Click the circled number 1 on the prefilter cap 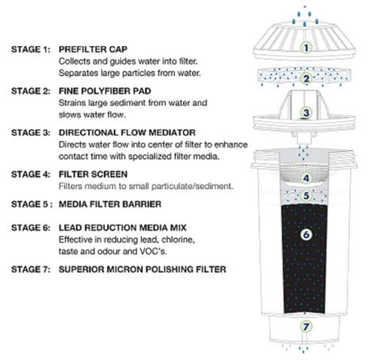click(x=305, y=47)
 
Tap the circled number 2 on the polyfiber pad click(x=305, y=78)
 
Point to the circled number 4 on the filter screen click(x=305, y=178)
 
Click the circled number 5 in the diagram click(x=305, y=195)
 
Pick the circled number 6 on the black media click(x=305, y=235)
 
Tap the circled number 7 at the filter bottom click(x=305, y=327)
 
